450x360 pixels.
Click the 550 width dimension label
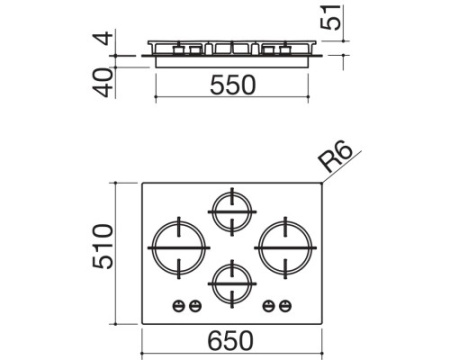[x=233, y=85]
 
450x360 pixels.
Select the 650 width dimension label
[x=231, y=341]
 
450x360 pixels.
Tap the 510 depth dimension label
[x=103, y=246]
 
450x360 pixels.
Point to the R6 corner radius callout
[x=334, y=158]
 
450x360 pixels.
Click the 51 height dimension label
[x=331, y=17]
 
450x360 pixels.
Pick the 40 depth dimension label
[x=103, y=83]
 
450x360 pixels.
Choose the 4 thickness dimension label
[x=104, y=38]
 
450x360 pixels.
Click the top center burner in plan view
[x=232, y=212]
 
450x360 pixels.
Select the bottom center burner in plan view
[x=232, y=284]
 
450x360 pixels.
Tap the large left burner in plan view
[x=179, y=248]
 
